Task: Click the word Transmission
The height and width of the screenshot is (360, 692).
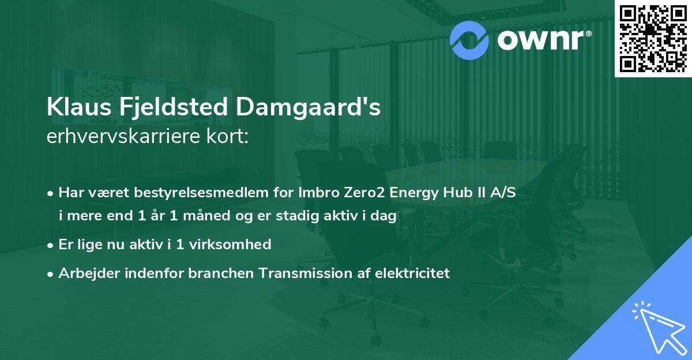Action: tap(313, 273)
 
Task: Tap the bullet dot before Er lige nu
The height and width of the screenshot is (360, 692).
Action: tap(51, 245)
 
